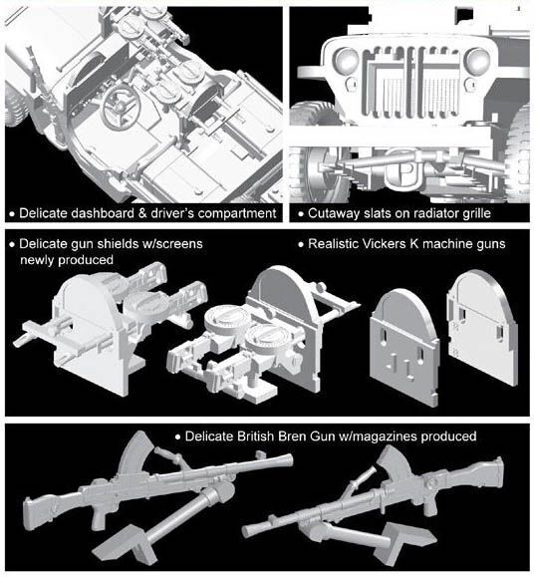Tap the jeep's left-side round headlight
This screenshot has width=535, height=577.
pos(346,60)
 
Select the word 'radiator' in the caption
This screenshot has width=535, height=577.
pos(431,213)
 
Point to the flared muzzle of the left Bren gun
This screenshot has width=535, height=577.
pos(283,461)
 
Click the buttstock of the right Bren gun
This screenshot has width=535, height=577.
pos(485,474)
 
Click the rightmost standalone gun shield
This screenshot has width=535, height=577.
pos(483,327)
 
